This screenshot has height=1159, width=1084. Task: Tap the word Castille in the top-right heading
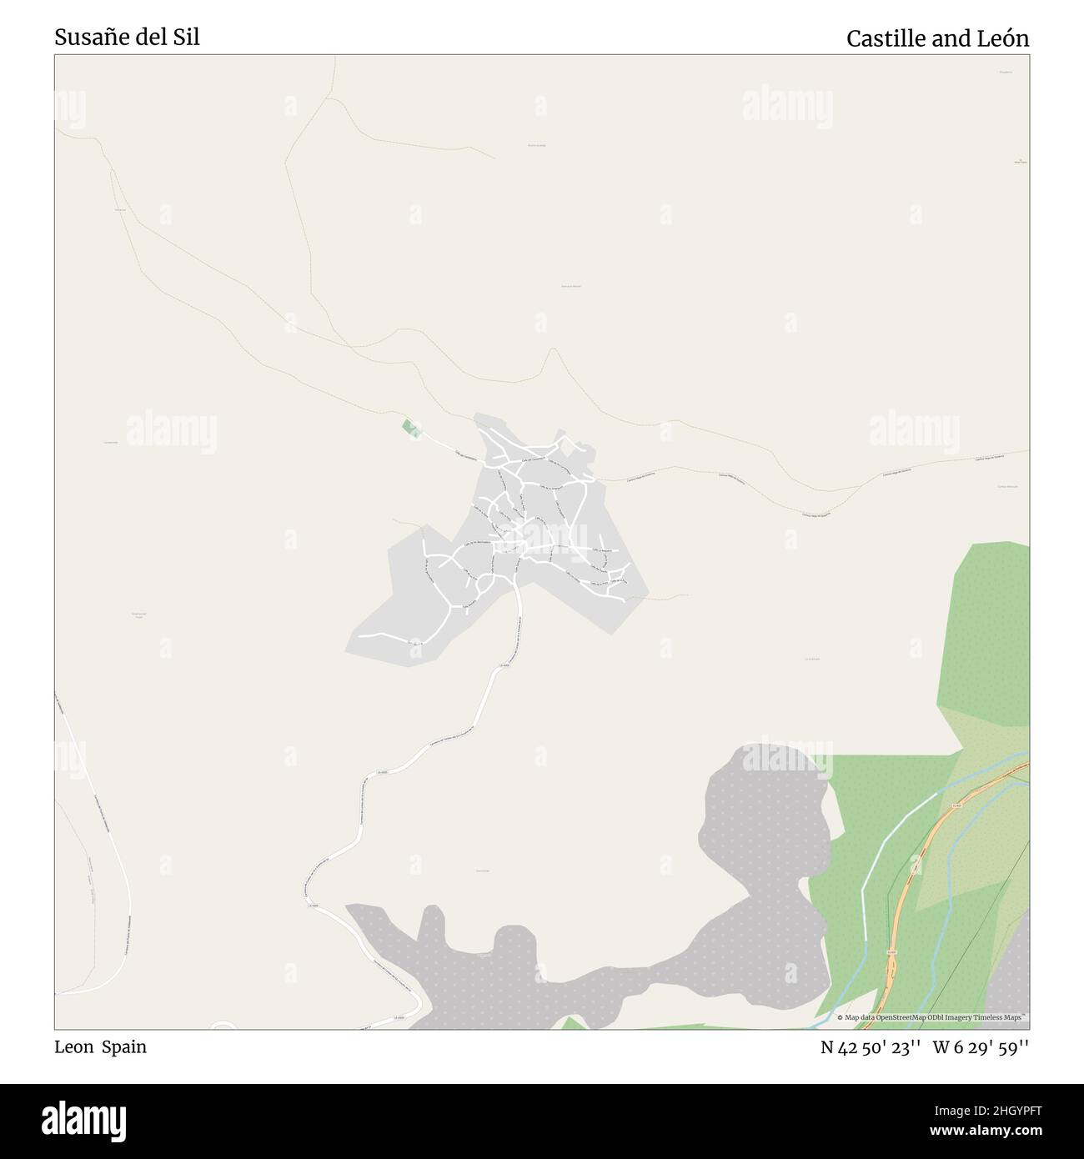pyautogui.click(x=884, y=38)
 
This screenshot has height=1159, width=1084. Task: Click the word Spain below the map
pyautogui.click(x=124, y=1047)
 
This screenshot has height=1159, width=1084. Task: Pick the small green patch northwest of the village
pyautogui.click(x=409, y=428)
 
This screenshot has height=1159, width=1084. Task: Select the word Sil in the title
pyautogui.click(x=188, y=38)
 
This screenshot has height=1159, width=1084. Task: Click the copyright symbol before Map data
pyautogui.click(x=840, y=1018)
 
